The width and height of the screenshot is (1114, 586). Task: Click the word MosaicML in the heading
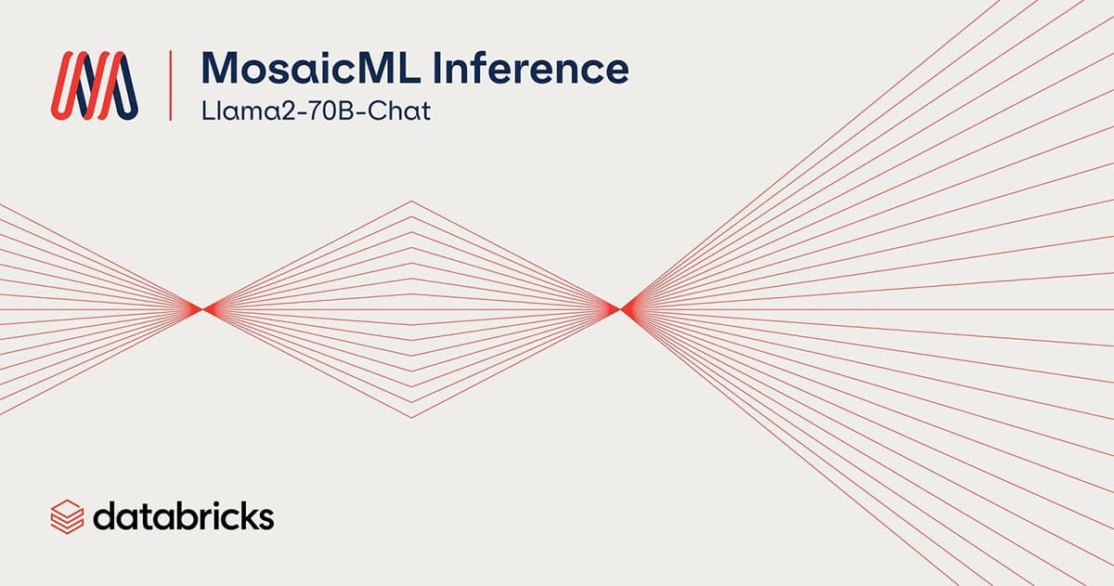coord(311,68)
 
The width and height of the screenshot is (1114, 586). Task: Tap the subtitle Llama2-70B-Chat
coord(316,111)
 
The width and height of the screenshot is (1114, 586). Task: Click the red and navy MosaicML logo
coord(95,85)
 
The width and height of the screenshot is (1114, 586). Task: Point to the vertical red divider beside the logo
coord(171,85)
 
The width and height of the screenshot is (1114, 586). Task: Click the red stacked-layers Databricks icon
coord(67,517)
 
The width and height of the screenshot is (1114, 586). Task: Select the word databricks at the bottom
coord(184,517)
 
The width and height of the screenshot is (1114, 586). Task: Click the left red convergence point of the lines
coord(202,309)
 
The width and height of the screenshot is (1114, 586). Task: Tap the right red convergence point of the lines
coord(620,309)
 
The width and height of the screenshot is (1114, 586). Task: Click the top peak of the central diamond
coord(411,202)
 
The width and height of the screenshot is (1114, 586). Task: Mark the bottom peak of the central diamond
coord(411,417)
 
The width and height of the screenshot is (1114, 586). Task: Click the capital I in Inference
coord(441,68)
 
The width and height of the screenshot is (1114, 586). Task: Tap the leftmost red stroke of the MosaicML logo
coord(64,85)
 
